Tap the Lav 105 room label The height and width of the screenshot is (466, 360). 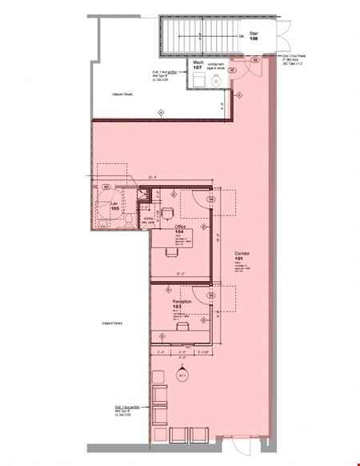(x=114, y=207)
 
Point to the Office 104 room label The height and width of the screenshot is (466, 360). (x=180, y=229)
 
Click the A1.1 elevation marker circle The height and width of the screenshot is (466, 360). (x=182, y=375)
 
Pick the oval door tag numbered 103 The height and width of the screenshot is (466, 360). (x=211, y=295)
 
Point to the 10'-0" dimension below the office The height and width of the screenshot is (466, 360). (x=181, y=274)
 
